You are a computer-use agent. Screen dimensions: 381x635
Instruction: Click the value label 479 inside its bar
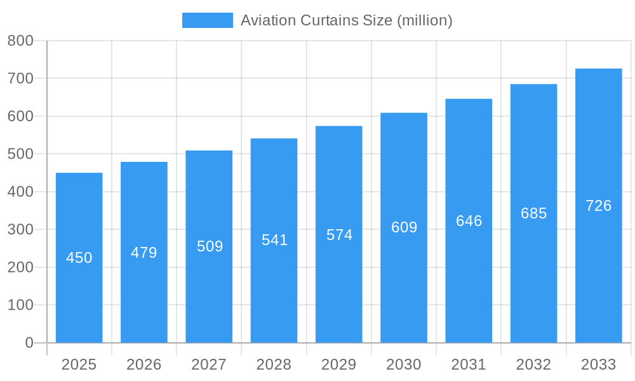point(144,253)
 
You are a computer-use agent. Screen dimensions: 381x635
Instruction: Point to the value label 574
point(339,235)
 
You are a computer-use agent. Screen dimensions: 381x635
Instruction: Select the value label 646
point(469,221)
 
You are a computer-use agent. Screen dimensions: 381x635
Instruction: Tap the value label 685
point(533,213)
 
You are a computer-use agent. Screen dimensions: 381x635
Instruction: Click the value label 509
point(210,246)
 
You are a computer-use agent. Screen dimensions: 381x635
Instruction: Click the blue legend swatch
point(207,20)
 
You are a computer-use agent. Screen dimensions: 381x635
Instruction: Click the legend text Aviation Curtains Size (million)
point(346,20)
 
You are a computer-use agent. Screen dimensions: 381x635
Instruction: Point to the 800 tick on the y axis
point(20,41)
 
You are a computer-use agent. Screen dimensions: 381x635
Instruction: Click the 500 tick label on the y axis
point(20,154)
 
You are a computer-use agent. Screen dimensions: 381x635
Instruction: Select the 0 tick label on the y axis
point(29,343)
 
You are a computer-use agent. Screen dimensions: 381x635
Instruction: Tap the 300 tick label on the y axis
point(20,230)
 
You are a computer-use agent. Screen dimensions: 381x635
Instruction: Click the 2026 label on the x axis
point(144,364)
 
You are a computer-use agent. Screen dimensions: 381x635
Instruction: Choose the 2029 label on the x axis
point(338,364)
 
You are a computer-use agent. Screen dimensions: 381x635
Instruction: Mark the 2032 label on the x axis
point(533,364)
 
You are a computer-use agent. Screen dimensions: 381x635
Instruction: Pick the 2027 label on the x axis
point(209,364)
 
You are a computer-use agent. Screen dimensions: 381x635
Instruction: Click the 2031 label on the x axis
point(469,364)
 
